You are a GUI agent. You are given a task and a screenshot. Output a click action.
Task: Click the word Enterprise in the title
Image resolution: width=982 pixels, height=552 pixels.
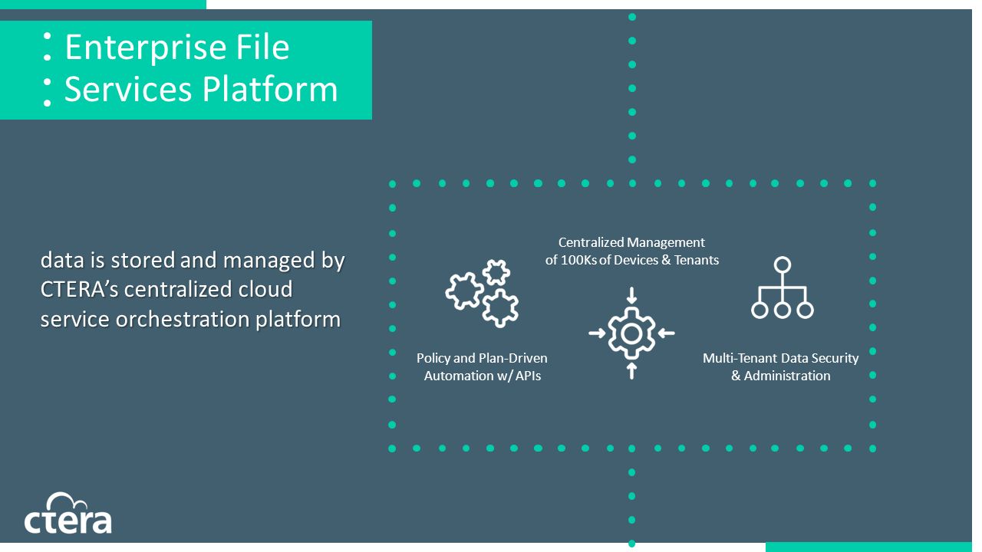[146, 48]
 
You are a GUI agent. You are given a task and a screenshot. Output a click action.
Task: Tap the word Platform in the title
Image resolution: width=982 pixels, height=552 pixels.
[269, 90]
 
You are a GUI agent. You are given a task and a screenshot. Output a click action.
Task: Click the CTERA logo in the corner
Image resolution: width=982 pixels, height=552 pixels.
[68, 513]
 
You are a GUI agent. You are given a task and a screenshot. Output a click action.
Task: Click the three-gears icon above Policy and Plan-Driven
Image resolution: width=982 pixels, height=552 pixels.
[483, 293]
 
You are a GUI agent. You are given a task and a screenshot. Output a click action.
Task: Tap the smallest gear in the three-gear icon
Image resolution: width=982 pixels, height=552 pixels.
[496, 272]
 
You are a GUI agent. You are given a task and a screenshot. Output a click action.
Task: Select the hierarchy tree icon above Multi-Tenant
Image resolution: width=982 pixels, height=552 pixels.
[782, 287]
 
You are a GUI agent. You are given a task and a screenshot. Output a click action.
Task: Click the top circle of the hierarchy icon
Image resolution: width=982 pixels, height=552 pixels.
[783, 264]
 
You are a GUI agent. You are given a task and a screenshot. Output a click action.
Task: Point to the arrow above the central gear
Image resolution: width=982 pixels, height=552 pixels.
[631, 296]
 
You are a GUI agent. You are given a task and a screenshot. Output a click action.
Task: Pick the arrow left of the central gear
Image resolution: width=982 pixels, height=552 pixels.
[597, 333]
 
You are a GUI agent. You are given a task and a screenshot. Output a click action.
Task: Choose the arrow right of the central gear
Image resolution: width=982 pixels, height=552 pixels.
[667, 333]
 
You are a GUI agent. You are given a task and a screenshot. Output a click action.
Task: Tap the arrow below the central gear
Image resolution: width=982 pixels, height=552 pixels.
[631, 370]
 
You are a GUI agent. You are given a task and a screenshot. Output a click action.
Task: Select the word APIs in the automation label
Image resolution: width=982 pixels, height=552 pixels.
[528, 376]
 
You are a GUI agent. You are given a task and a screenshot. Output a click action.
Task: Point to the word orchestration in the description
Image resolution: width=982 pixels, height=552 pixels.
[183, 320]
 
